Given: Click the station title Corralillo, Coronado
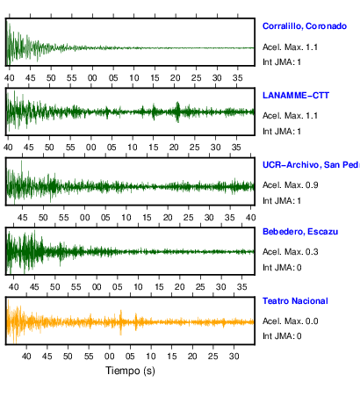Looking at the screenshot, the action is tap(305, 26).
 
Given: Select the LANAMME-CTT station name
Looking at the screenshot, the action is tap(296, 96).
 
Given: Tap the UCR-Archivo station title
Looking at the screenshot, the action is tap(311, 165).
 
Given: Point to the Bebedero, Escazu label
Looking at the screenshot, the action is tap(300, 232).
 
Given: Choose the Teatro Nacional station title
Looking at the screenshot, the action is tap(295, 301).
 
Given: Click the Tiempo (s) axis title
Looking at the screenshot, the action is tap(130, 371).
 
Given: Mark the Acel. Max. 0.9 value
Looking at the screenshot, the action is tap(291, 185).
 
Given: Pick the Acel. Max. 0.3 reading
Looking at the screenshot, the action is tap(291, 252).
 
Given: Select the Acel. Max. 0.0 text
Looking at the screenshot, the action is tap(291, 321).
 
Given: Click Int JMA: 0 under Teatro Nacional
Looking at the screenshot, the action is tap(282, 335).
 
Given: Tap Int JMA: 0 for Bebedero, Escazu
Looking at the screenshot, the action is tap(282, 268).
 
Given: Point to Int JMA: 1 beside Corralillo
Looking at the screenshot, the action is tap(282, 62).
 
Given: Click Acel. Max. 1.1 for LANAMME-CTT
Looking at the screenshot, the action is tap(291, 116).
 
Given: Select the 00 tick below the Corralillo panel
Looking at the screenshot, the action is tap(92, 78).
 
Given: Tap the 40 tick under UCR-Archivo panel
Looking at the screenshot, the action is tap(250, 218).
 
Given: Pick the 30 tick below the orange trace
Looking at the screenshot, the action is tap(234, 357).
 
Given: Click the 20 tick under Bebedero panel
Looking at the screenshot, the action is tap(179, 287).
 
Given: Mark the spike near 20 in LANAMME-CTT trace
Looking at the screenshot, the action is tap(177, 112).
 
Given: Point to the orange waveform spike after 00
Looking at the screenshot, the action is tap(121, 322).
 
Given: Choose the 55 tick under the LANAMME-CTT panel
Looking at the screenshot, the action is tap(70, 148).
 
